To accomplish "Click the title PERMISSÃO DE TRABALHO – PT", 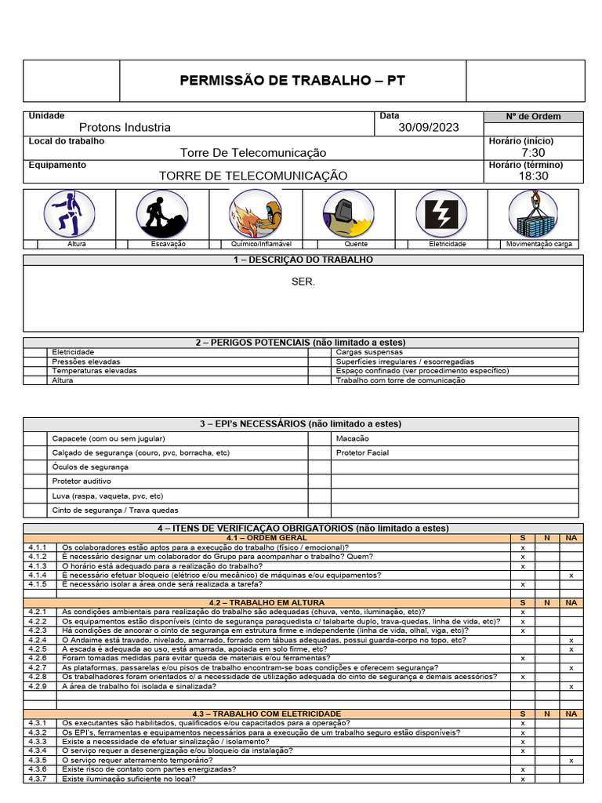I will pyautogui.click(x=292, y=80).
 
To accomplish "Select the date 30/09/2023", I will pyautogui.click(x=429, y=128).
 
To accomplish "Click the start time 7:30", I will pyautogui.click(x=533, y=152).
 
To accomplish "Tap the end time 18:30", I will pyautogui.click(x=533, y=176).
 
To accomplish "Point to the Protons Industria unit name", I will pyautogui.click(x=125, y=128).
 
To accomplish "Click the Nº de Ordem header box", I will pyautogui.click(x=533, y=117).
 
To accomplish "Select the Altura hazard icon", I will pyautogui.click(x=70, y=213).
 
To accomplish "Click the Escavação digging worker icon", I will pyautogui.click(x=162, y=213).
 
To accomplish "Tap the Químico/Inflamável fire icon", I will pyautogui.click(x=256, y=213).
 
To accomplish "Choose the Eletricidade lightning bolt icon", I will pyautogui.click(x=441, y=213).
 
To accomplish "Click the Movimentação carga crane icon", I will pyautogui.click(x=534, y=213).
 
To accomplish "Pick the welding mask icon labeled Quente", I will pyautogui.click(x=349, y=213).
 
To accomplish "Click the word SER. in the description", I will pyautogui.click(x=303, y=282).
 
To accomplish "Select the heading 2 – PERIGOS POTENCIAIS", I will pyautogui.click(x=301, y=343).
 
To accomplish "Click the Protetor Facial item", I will pyautogui.click(x=362, y=452).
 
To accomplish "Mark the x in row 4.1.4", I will pyautogui.click(x=571, y=576).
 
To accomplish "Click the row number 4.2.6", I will pyautogui.click(x=38, y=658).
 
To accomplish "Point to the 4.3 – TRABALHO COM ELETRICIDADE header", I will pyautogui.click(x=275, y=714).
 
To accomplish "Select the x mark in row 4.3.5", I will pyautogui.click(x=571, y=761).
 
